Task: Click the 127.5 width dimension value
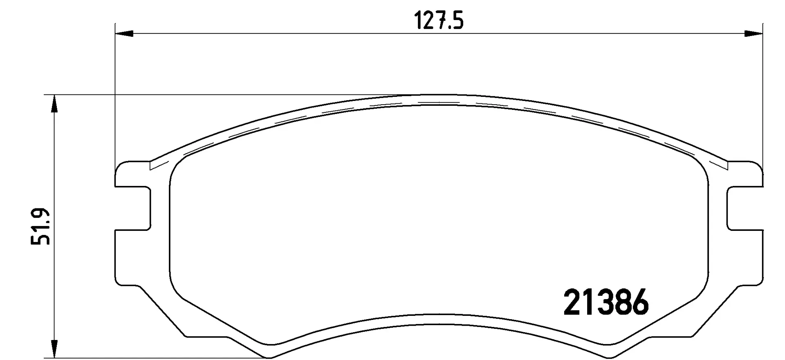tap(439, 21)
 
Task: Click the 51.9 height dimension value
tap(40, 227)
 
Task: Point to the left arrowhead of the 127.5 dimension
tap(125, 34)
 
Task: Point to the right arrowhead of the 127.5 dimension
tap(753, 34)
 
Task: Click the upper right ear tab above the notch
tap(746, 174)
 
